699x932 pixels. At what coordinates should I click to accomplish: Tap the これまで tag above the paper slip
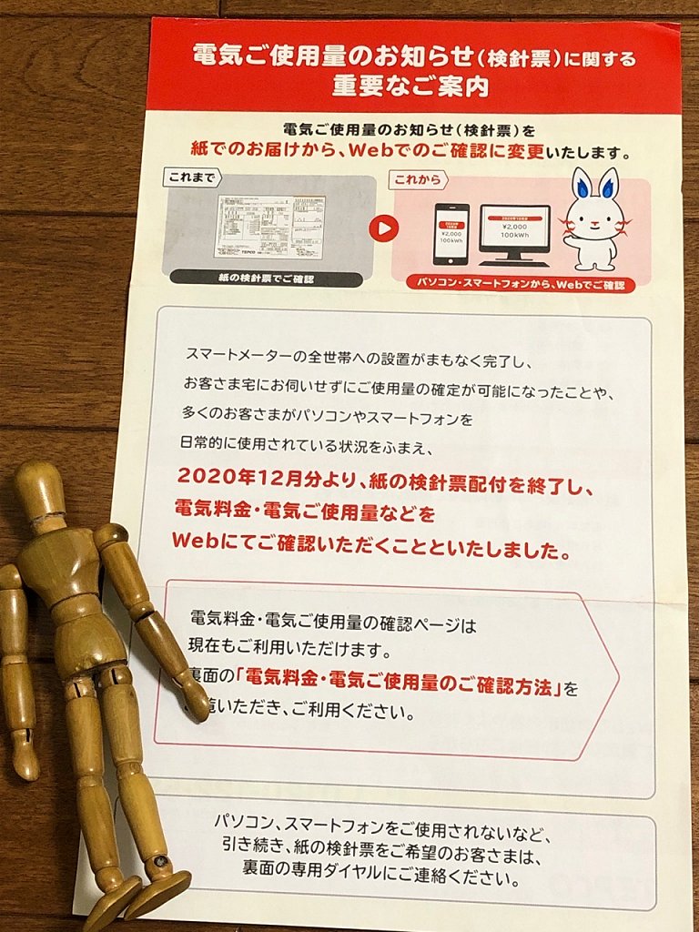click(x=193, y=178)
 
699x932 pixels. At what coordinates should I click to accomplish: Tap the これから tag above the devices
click(x=418, y=180)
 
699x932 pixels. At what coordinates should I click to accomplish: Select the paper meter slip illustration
click(x=269, y=227)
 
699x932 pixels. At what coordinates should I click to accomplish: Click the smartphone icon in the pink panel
click(x=451, y=233)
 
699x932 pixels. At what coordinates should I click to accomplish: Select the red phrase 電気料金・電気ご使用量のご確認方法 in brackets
click(x=404, y=687)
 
